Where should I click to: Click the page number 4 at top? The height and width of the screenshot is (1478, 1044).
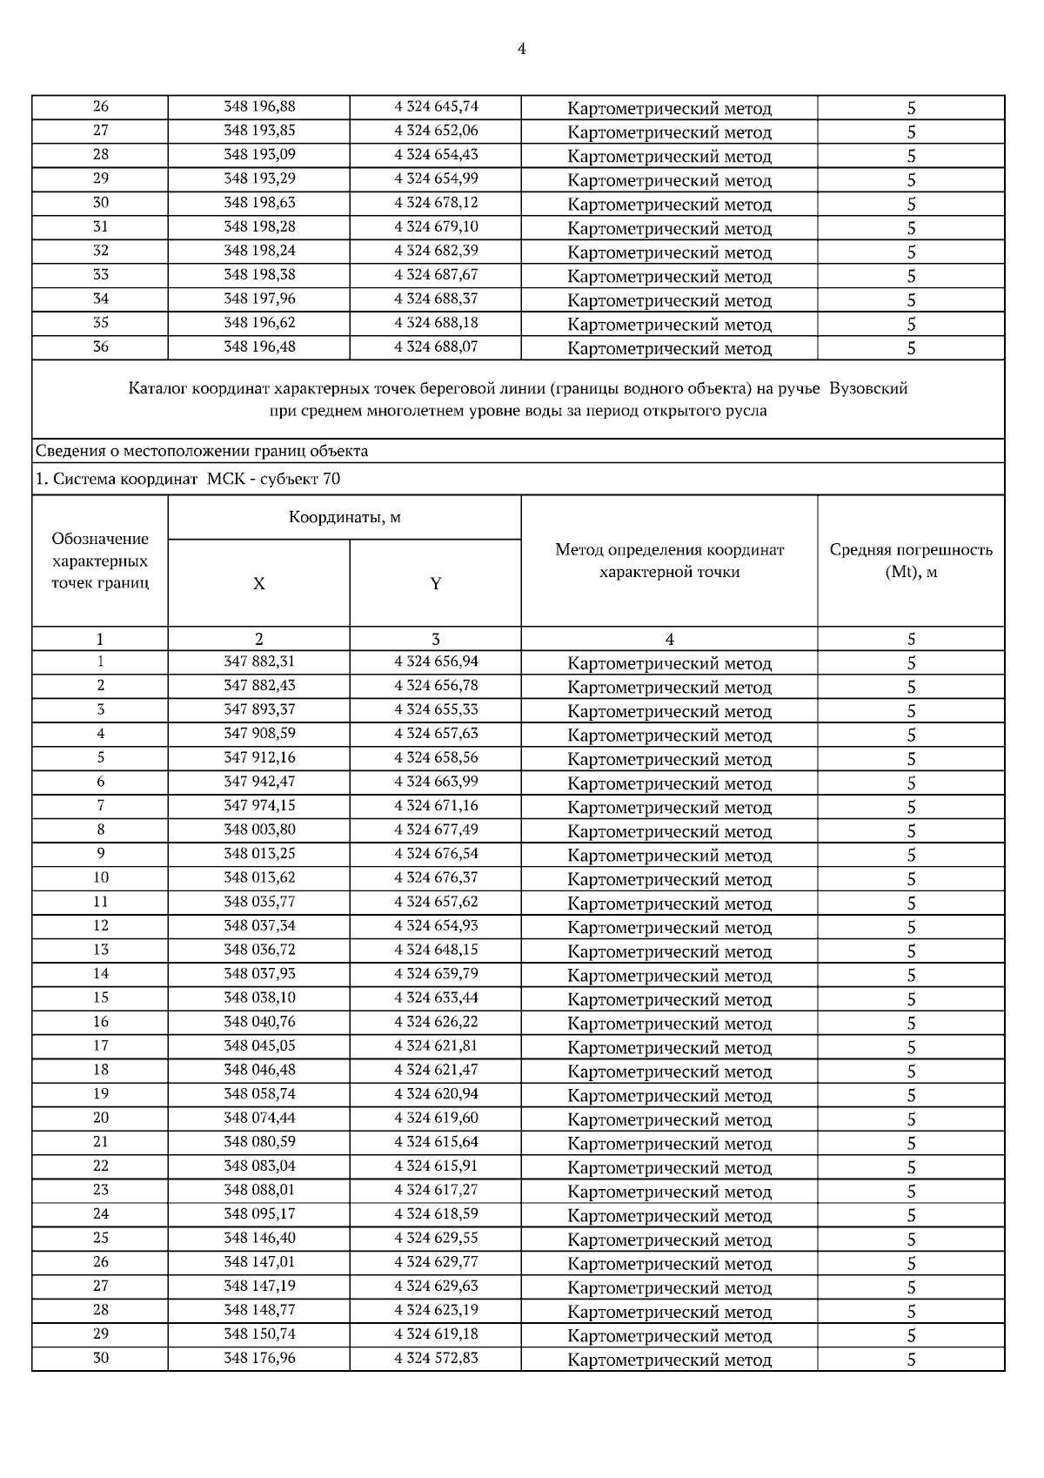pos(521,49)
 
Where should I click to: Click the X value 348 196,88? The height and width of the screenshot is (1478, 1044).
pos(259,107)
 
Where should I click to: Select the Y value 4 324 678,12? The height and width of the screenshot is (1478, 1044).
pos(436,203)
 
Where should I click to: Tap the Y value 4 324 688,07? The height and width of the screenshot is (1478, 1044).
pos(436,346)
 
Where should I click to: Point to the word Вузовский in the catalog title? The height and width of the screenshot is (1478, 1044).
pos(868,388)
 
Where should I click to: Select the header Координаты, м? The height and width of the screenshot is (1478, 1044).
pos(345,518)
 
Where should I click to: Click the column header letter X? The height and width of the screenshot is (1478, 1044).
pos(259,584)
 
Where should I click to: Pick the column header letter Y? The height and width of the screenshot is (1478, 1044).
pos(436,584)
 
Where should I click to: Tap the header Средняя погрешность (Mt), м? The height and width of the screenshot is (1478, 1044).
pos(911,561)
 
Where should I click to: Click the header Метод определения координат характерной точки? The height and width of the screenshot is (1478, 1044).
pos(669,561)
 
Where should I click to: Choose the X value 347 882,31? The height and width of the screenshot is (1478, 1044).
pos(259,662)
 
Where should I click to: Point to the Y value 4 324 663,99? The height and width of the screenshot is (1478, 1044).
pos(436,782)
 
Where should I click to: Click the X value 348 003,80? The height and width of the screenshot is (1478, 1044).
pos(259,830)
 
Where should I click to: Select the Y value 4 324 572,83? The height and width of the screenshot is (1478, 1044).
pos(436,1358)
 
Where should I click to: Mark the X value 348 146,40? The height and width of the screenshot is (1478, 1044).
pos(259,1238)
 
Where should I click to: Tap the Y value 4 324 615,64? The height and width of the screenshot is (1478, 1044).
pos(436,1142)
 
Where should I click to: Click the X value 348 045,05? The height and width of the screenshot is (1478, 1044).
pos(259,1045)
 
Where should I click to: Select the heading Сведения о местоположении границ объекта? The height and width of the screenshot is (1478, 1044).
pos(202,451)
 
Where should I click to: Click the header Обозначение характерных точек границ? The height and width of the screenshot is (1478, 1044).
pos(100,561)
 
